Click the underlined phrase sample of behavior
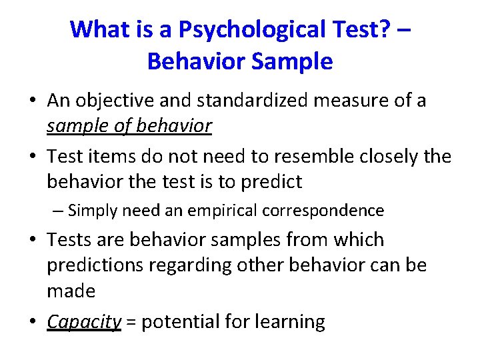(x=129, y=125)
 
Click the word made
(x=71, y=291)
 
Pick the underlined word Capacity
(x=84, y=322)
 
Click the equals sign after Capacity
(x=131, y=322)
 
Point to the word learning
(x=291, y=322)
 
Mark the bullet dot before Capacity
(x=32, y=322)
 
